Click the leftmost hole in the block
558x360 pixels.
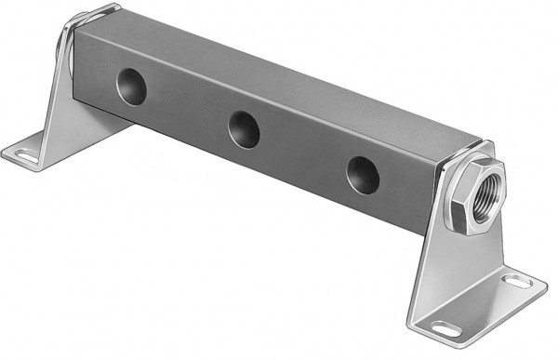click(x=130, y=87)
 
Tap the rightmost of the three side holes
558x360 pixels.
click(x=362, y=173)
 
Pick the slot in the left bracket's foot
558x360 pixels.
click(x=22, y=153)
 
